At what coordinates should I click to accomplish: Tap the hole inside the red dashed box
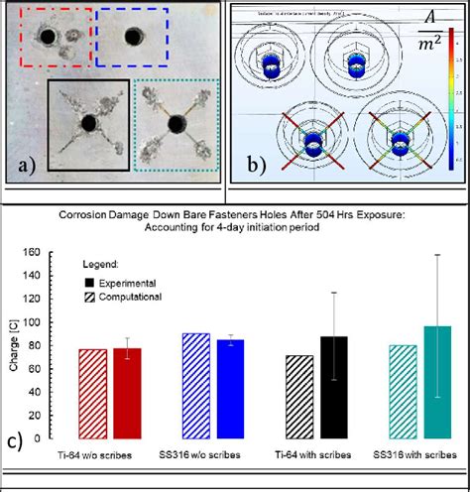(x=46, y=39)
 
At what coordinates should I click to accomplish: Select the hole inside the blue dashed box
(x=131, y=39)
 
